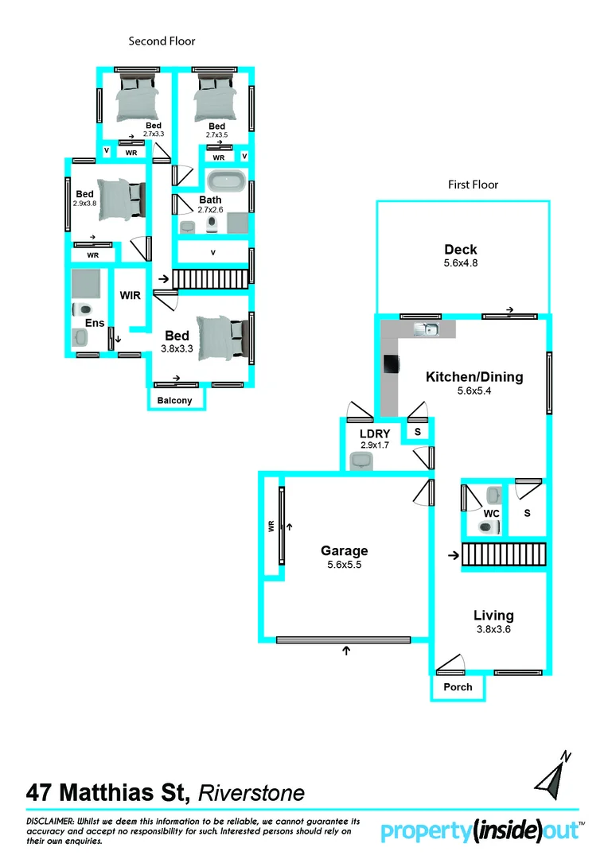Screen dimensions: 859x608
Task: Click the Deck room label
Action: click(461, 250)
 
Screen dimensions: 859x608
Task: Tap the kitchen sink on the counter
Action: click(426, 329)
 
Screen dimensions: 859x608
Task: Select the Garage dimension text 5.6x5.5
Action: click(344, 565)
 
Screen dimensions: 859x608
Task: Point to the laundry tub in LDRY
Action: click(362, 460)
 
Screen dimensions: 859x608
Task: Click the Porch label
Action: click(458, 686)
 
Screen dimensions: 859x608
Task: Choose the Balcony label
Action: click(174, 400)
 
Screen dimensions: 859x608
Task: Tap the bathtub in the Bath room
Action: click(225, 181)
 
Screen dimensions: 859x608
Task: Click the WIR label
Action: click(130, 295)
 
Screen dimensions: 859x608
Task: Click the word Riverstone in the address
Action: click(251, 793)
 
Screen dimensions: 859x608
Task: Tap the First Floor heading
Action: click(473, 185)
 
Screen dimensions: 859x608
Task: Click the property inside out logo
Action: click(482, 831)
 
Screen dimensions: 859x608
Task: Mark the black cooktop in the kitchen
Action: click(391, 364)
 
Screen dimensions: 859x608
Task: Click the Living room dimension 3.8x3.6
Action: click(493, 629)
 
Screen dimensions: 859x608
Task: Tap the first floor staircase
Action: click(504, 554)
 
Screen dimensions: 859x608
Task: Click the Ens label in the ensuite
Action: click(95, 323)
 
